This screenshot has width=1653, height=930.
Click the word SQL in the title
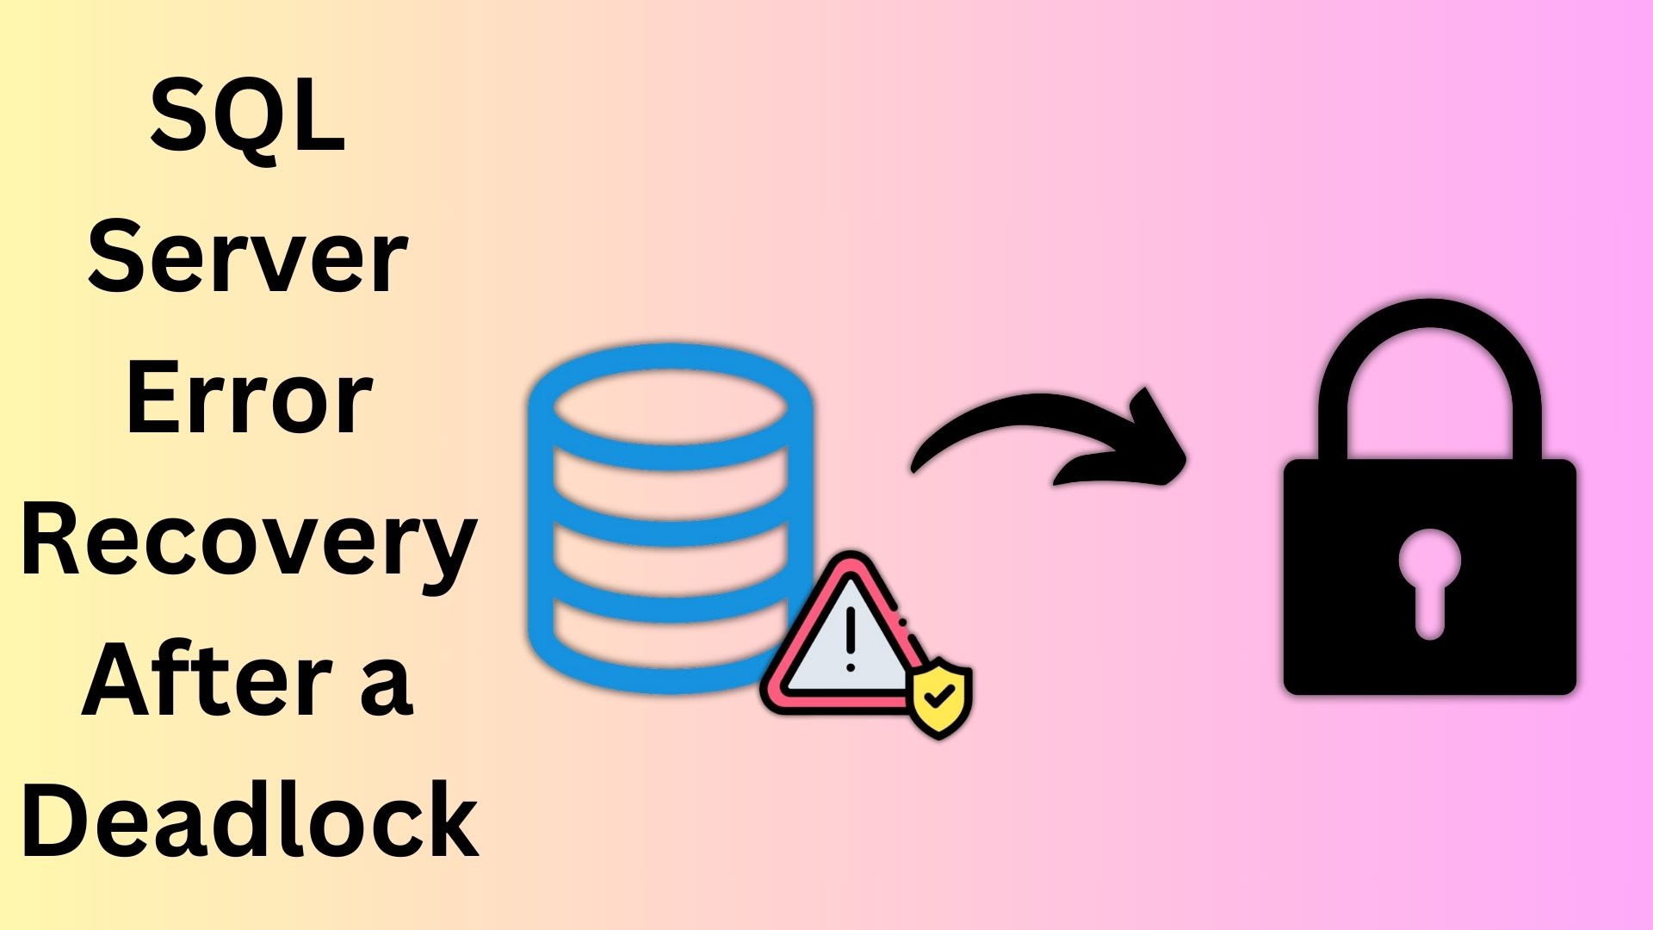[x=248, y=115]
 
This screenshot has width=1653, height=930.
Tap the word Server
[x=248, y=256]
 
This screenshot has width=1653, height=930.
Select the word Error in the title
[x=249, y=398]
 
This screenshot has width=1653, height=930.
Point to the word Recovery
[x=249, y=542]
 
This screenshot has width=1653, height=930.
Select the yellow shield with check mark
[x=941, y=697]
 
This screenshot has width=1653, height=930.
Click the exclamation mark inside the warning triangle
[x=851, y=637]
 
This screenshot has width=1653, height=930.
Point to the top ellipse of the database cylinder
[x=671, y=406]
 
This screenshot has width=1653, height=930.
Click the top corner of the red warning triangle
[x=851, y=564]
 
